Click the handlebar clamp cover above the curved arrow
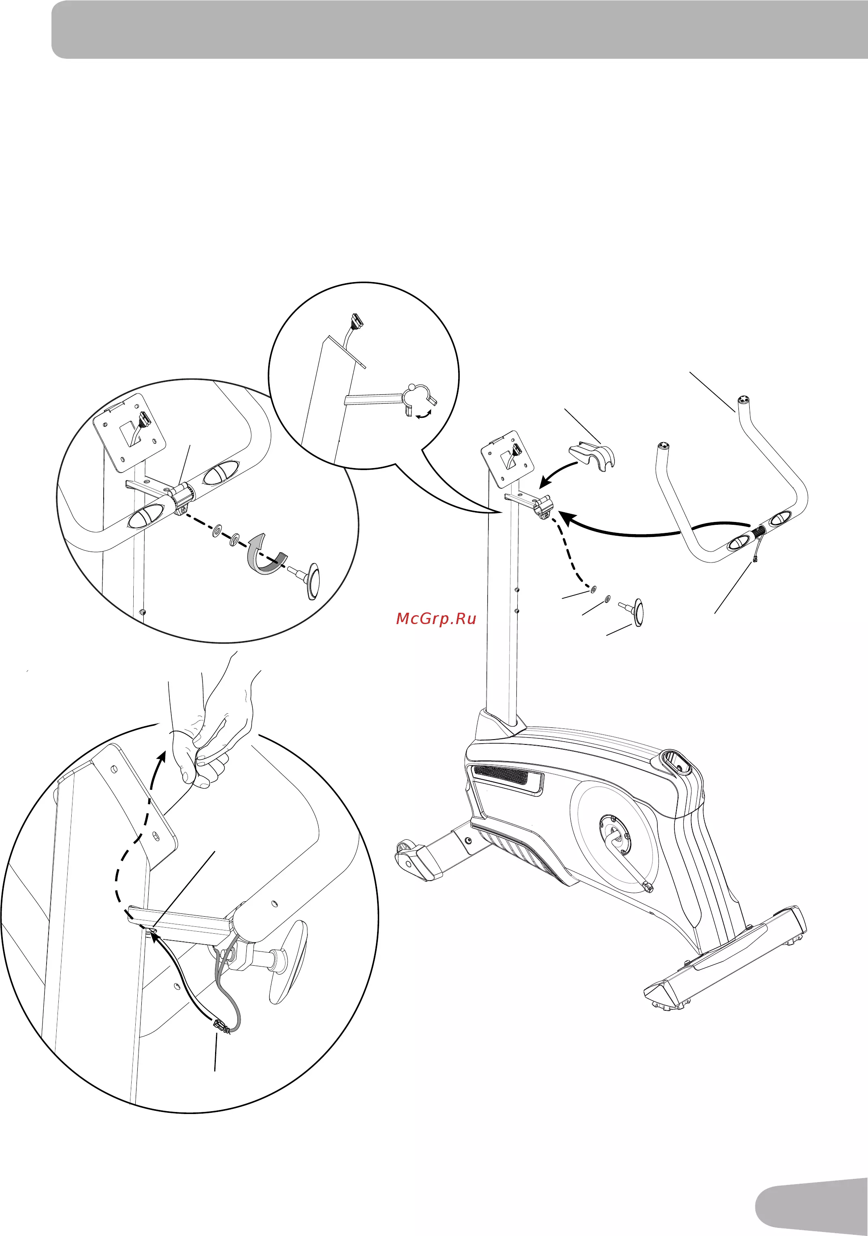click(592, 455)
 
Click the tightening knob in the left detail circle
click(307, 579)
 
